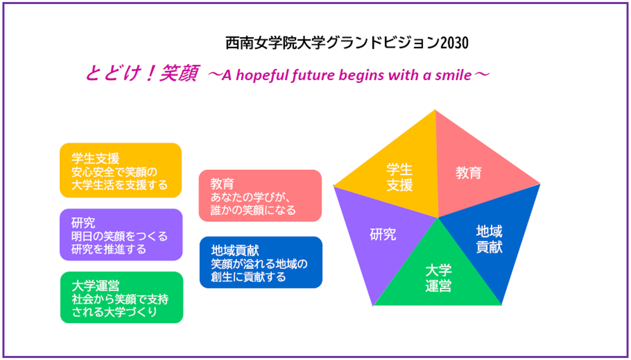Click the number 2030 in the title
click(454, 43)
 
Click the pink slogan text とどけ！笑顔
click(142, 73)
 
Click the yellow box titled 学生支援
click(121, 170)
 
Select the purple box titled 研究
click(121, 235)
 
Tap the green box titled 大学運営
click(122, 297)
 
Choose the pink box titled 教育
click(260, 196)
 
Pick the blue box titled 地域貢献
click(261, 263)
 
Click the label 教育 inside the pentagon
click(469, 173)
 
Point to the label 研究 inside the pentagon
click(383, 235)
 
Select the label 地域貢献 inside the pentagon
click(489, 239)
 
